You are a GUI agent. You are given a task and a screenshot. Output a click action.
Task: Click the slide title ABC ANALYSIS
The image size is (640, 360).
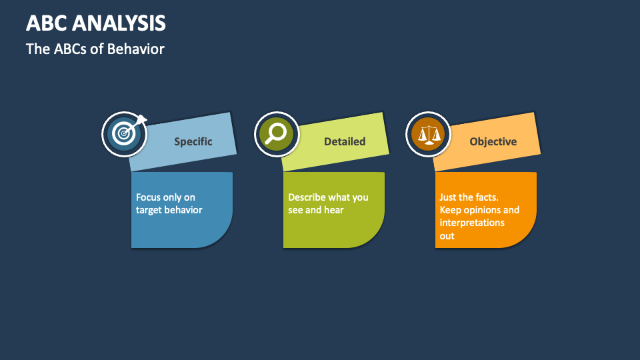(x=96, y=23)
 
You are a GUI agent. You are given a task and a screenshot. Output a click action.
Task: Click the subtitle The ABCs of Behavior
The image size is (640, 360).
(x=95, y=49)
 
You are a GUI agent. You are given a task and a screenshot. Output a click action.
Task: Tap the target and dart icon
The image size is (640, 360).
(x=124, y=134)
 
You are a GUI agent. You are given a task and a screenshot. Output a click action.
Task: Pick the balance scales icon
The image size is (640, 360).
(x=427, y=134)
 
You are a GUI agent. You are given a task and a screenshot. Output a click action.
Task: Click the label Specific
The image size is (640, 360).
(x=193, y=141)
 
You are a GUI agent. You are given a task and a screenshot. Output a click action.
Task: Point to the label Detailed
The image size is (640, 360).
(x=345, y=141)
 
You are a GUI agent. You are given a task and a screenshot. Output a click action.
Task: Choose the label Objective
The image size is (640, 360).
(x=493, y=141)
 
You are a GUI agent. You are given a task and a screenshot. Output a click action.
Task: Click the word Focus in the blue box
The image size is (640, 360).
(x=149, y=197)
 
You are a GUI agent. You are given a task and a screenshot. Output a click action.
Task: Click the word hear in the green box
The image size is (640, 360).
(x=334, y=210)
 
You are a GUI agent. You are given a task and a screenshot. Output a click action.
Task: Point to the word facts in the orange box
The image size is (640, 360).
(x=484, y=197)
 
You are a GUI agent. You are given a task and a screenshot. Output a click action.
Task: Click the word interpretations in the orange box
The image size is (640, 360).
(x=472, y=223)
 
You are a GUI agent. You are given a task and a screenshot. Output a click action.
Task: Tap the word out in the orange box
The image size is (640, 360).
(x=447, y=236)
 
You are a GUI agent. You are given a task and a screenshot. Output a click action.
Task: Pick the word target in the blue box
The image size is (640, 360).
(x=149, y=210)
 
